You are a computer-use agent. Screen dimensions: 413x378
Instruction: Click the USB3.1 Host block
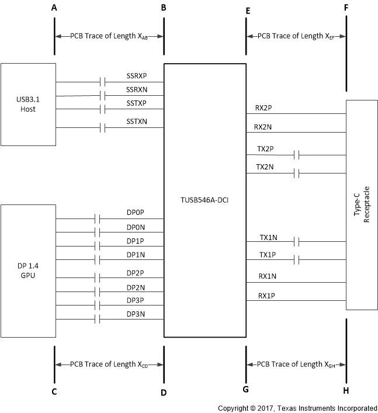tap(28, 104)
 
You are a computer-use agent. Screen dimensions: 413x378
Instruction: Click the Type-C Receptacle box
tap(362, 205)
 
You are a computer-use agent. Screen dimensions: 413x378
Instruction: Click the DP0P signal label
tap(136, 213)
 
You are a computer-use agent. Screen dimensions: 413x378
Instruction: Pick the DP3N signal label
tap(136, 314)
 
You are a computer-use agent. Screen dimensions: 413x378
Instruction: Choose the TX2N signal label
tap(265, 167)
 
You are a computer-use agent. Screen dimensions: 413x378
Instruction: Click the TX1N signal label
tap(269, 238)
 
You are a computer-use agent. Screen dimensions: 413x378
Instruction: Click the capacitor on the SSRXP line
tap(102, 82)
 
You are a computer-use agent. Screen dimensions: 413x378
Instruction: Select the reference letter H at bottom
tap(346, 390)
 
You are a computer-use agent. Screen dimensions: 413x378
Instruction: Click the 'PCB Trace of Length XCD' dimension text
tap(109, 365)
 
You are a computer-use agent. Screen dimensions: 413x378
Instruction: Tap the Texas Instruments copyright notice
tap(297, 408)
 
